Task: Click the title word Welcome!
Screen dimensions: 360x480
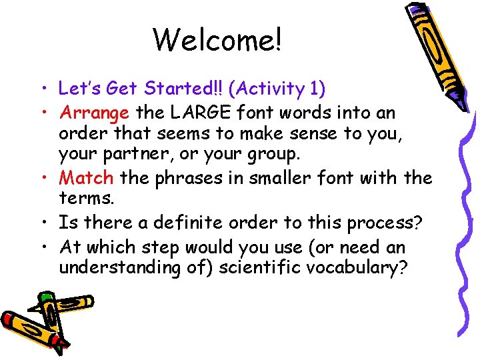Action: click(x=218, y=40)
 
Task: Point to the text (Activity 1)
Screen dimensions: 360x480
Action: click(x=277, y=88)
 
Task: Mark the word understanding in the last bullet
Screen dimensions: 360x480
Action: click(x=116, y=268)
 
